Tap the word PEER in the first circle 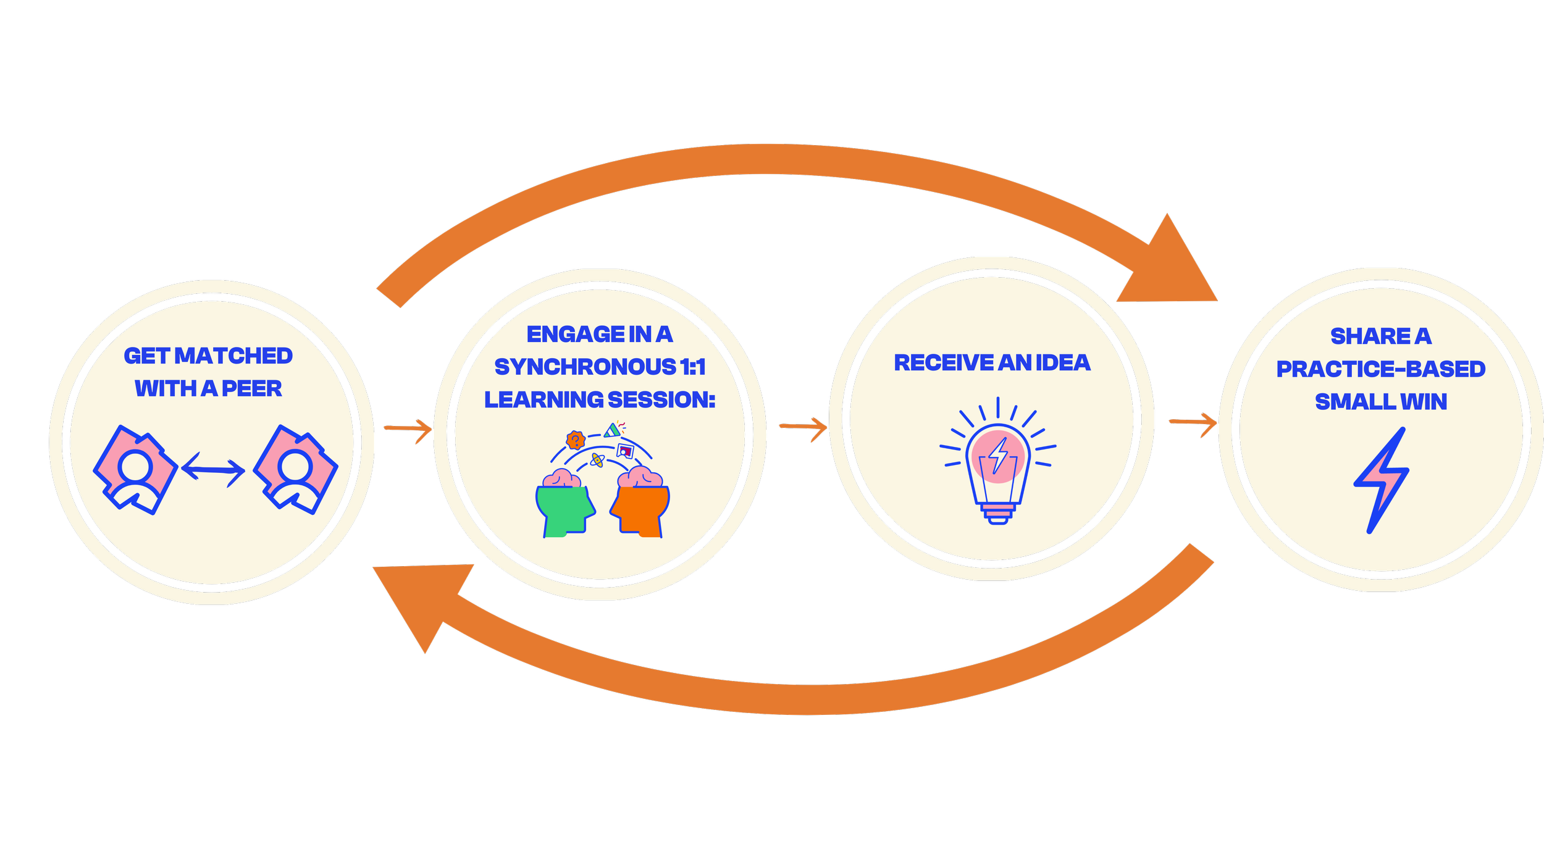[x=251, y=389]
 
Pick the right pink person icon [x=295, y=469]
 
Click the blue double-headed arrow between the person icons [x=213, y=470]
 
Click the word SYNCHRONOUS [x=585, y=367]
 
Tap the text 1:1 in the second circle [x=693, y=367]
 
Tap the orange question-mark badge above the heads [x=576, y=440]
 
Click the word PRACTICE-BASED [x=1380, y=369]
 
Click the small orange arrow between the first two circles [x=408, y=428]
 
